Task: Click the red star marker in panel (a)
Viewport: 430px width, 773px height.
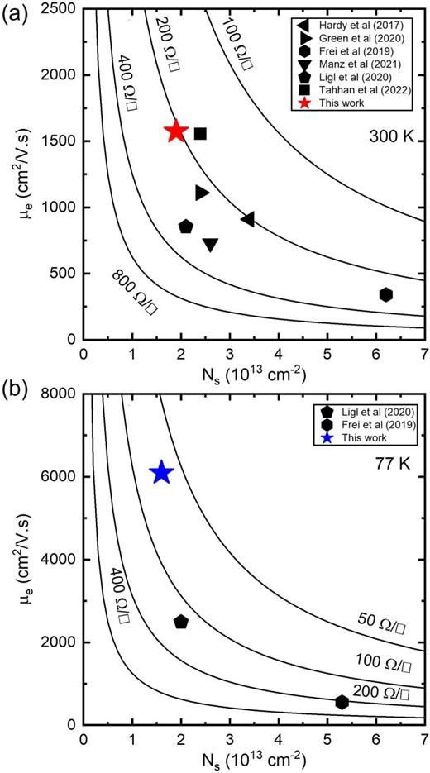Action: (x=175, y=131)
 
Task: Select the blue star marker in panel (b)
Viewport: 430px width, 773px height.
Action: (x=161, y=473)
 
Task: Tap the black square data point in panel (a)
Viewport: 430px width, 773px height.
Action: (x=200, y=133)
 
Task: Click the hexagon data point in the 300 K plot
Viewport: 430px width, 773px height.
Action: (x=385, y=294)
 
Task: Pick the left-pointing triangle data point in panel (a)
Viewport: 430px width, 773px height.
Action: (x=247, y=219)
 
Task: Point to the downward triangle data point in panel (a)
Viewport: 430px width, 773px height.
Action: (x=210, y=244)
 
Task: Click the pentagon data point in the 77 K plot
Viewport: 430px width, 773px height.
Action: (x=181, y=622)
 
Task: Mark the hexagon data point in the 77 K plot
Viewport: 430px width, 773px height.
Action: (x=342, y=702)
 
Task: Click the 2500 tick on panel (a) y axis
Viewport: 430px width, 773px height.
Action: (x=60, y=9)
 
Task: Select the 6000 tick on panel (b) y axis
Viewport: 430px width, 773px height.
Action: (x=60, y=476)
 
